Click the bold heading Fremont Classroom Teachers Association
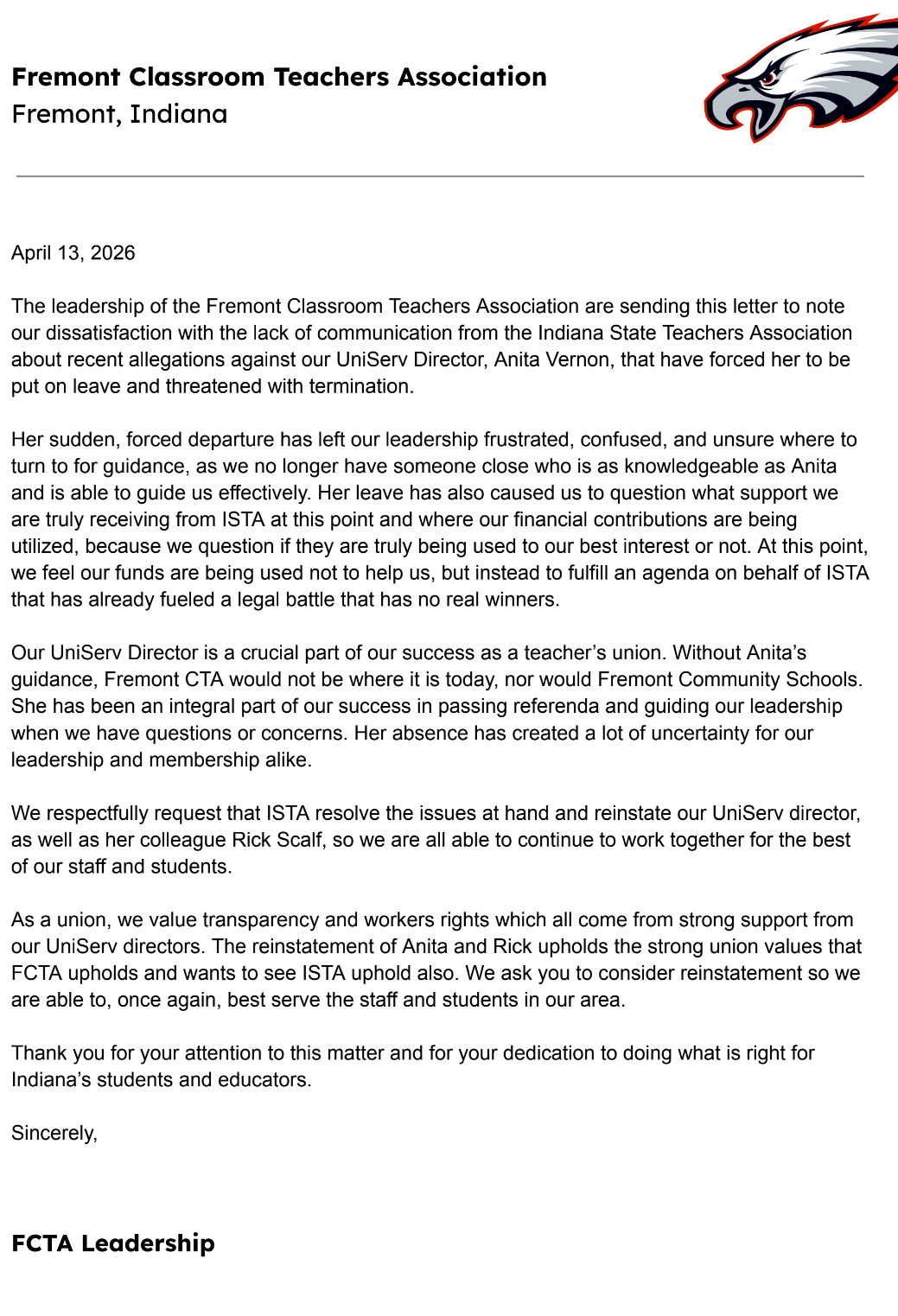(278, 77)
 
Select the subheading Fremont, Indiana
(119, 114)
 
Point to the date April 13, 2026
(73, 253)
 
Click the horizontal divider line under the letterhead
(440, 176)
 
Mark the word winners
(521, 600)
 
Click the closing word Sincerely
(54, 1133)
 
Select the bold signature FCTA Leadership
(113, 1243)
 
